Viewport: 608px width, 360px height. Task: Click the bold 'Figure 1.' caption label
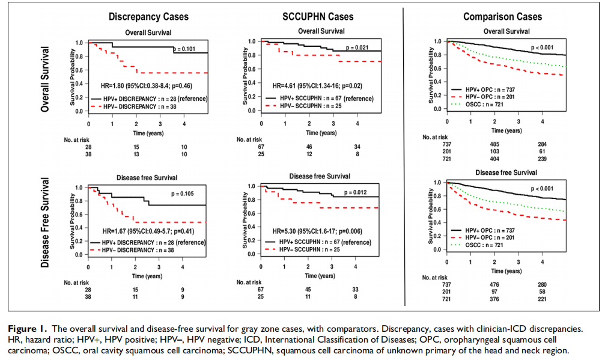[x=29, y=329]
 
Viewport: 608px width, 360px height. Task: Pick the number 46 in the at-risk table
[x=308, y=147]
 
